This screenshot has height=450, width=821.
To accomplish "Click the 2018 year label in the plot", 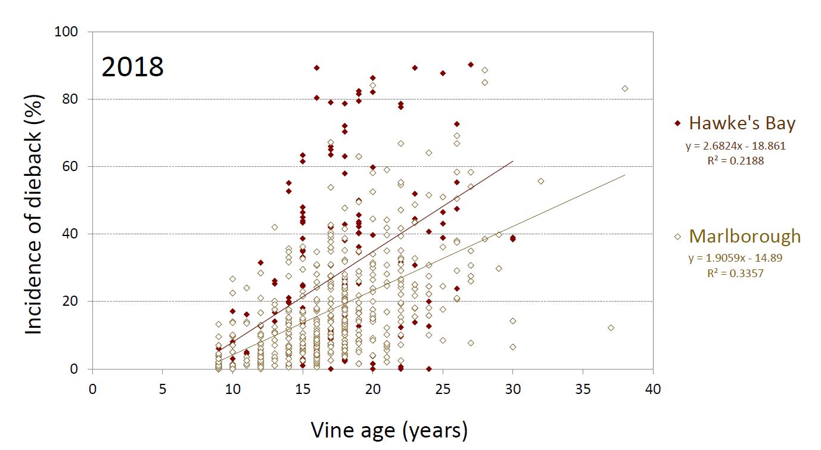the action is tap(132, 67).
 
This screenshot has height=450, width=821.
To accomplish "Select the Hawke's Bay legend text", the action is tap(742, 123).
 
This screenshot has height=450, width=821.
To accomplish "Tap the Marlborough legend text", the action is tap(745, 236).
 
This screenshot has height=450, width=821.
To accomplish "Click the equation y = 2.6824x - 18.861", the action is tap(736, 146).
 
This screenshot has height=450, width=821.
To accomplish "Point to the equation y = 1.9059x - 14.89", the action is tap(735, 258).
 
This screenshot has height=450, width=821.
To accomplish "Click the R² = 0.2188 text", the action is tap(736, 161).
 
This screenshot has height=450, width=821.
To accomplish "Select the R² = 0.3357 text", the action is tap(735, 273).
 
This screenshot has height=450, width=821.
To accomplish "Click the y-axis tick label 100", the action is tap(66, 32).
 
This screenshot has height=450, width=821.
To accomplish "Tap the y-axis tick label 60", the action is tap(70, 166).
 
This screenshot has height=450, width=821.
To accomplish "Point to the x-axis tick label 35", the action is tap(583, 389).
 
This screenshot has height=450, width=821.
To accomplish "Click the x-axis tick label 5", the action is tap(163, 389).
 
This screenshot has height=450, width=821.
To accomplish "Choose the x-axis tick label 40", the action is tap(653, 389).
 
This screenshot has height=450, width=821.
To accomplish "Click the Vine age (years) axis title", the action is tap(389, 430).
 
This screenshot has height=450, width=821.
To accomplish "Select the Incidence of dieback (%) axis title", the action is tap(34, 215).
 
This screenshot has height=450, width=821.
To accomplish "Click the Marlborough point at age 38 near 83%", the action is tap(625, 88).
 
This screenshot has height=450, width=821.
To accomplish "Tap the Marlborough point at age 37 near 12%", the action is tap(611, 328).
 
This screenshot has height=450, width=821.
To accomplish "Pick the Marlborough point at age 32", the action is tap(540, 181).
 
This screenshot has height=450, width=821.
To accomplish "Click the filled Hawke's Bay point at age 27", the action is tap(471, 64).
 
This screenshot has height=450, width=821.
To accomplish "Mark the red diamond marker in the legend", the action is tap(677, 123).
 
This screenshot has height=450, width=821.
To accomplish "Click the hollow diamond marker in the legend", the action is tap(677, 237).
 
